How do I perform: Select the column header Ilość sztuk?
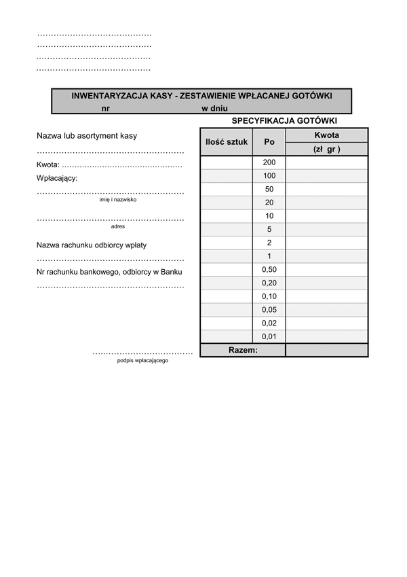coord(227,142)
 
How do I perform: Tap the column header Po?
coord(269,142)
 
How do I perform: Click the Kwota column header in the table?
coord(326,135)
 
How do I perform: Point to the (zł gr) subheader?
coord(326,150)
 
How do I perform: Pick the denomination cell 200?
coord(269,162)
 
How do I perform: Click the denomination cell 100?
coord(269,176)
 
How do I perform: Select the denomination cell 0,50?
coord(269,270)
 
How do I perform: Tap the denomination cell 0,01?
coord(269,336)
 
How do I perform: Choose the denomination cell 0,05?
coord(269,310)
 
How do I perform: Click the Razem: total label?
coord(243,350)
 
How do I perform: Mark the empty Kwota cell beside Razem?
coord(326,350)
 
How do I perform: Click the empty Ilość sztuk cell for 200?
coord(227,162)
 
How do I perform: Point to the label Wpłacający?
coord(57,178)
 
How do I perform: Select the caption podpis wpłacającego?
coord(142,360)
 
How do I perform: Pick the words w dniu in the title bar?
coord(214,108)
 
